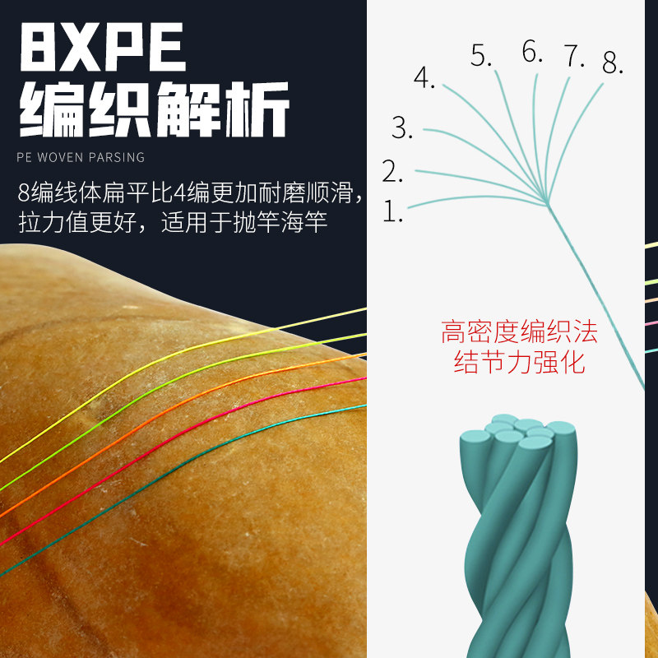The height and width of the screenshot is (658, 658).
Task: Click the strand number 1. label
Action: pos(393,213)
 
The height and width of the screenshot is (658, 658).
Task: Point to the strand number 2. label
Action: pos(392,172)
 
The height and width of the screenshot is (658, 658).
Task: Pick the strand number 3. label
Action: pos(402,128)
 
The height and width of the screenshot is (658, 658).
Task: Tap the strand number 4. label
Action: pos(424,79)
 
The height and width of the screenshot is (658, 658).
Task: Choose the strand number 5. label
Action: pos(481,56)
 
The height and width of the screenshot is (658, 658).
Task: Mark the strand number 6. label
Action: pos(533,53)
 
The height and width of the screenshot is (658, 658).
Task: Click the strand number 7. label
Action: pos(574,57)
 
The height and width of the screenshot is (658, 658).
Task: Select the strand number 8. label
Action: pos(613,62)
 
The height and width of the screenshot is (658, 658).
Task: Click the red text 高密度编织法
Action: pos(519,333)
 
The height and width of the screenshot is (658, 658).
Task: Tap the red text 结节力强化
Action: pos(519,363)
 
